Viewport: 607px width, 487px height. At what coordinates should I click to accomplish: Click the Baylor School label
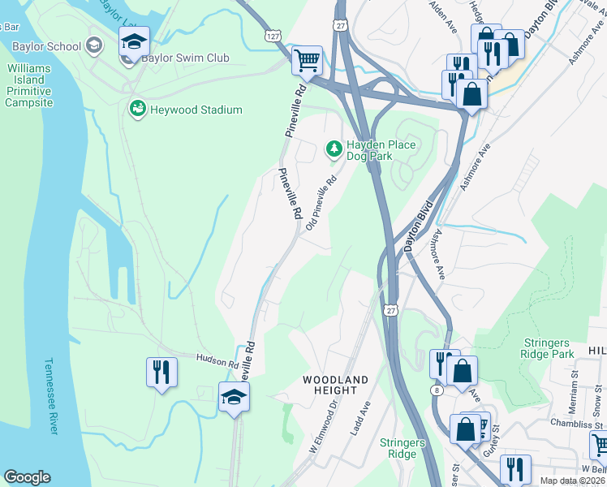(x=41, y=46)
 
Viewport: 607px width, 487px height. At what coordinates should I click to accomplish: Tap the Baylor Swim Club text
(x=185, y=58)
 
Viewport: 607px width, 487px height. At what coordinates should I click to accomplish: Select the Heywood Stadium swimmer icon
(x=137, y=109)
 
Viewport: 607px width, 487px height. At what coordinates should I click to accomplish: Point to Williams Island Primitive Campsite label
(x=29, y=85)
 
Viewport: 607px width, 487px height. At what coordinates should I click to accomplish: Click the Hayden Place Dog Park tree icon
(x=333, y=148)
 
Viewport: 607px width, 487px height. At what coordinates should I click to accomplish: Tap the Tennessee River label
(x=51, y=395)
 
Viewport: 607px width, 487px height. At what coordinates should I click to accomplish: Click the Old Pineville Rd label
(x=321, y=204)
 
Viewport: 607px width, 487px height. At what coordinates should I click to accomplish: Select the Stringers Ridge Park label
(x=547, y=348)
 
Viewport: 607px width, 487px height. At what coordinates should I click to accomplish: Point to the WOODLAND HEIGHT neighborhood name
(x=335, y=386)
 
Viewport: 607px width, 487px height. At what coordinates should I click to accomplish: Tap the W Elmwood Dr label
(x=322, y=435)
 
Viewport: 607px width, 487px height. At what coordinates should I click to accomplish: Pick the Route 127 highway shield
(x=273, y=35)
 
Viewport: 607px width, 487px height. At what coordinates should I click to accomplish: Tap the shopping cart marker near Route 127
(x=307, y=59)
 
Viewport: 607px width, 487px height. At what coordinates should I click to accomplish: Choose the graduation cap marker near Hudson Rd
(x=234, y=397)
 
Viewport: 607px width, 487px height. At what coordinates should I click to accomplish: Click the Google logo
(x=28, y=477)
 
